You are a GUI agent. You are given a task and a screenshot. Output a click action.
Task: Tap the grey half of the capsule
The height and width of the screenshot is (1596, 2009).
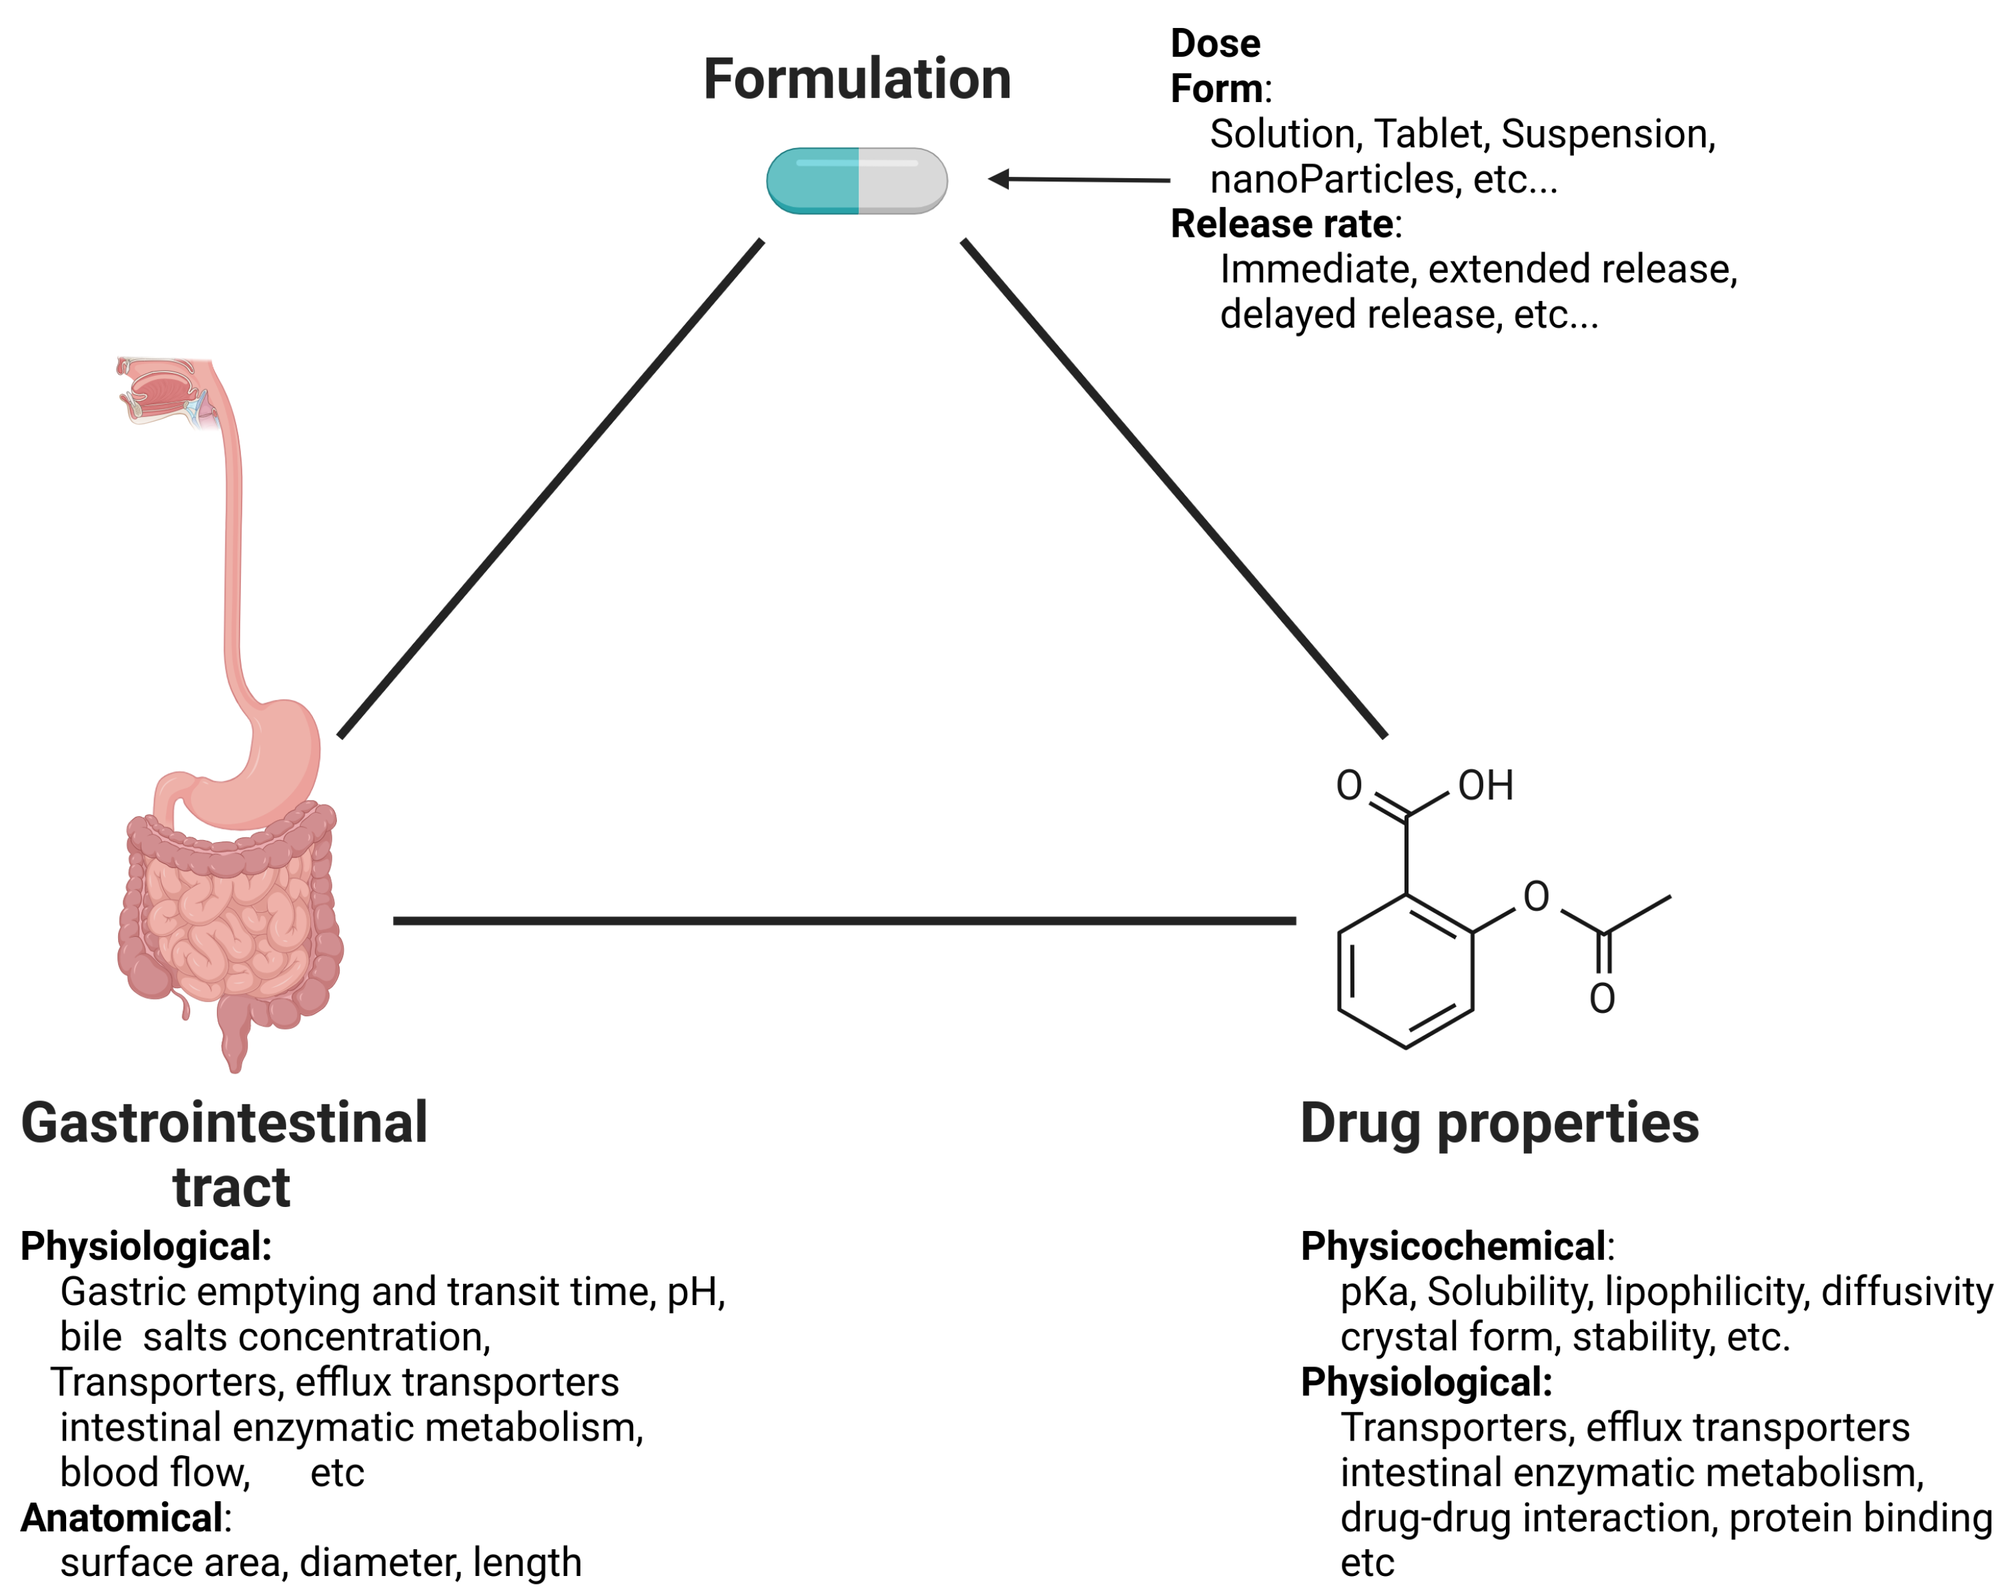pyautogui.click(x=901, y=181)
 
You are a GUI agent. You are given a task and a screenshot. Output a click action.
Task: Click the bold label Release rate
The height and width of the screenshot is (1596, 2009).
pyautogui.click(x=1281, y=224)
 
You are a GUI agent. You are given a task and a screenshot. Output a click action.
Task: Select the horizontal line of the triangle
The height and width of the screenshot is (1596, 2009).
pyautogui.click(x=843, y=921)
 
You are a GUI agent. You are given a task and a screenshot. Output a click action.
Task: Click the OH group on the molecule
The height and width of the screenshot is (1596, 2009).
pyautogui.click(x=1485, y=785)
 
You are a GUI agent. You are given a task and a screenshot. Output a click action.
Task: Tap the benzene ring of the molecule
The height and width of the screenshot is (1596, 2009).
pyautogui.click(x=1405, y=971)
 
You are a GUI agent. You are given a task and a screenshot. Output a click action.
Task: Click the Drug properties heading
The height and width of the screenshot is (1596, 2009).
pyautogui.click(x=1499, y=1123)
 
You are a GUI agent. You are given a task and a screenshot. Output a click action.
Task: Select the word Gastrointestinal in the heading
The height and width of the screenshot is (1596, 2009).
pyautogui.click(x=224, y=1123)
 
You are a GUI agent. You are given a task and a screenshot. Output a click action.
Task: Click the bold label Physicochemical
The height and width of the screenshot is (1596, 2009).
pyautogui.click(x=1453, y=1246)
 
